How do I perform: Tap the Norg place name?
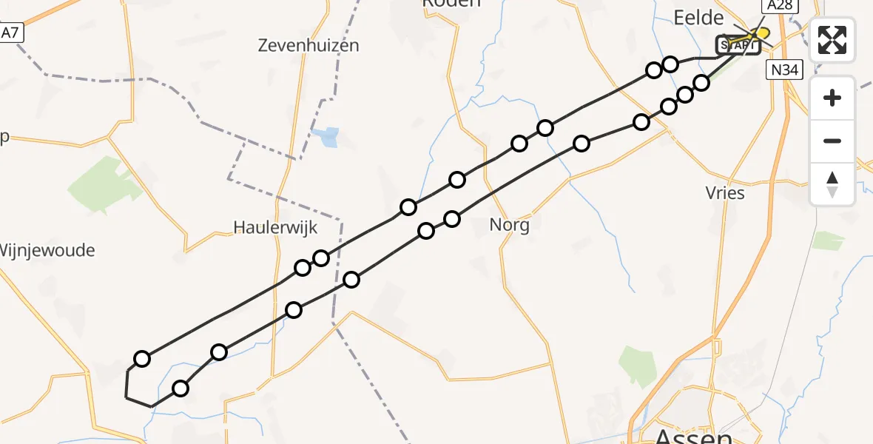pos(510,225)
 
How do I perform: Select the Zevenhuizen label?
pos(309,45)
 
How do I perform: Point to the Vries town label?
pos(725,193)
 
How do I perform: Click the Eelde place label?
pos(698,18)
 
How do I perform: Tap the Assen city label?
pos(694,437)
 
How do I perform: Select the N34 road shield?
pos(784,70)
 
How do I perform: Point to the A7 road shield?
pos(9,33)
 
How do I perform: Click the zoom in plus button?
pos(832,98)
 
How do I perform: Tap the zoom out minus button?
pos(832,141)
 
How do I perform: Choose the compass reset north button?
pos(832,184)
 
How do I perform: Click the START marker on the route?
pos(738,46)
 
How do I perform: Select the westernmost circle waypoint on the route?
pos(142,359)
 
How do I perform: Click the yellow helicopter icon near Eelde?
pos(759,33)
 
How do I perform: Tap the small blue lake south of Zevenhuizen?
pos(327,137)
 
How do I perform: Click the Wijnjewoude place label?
pos(47,250)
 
